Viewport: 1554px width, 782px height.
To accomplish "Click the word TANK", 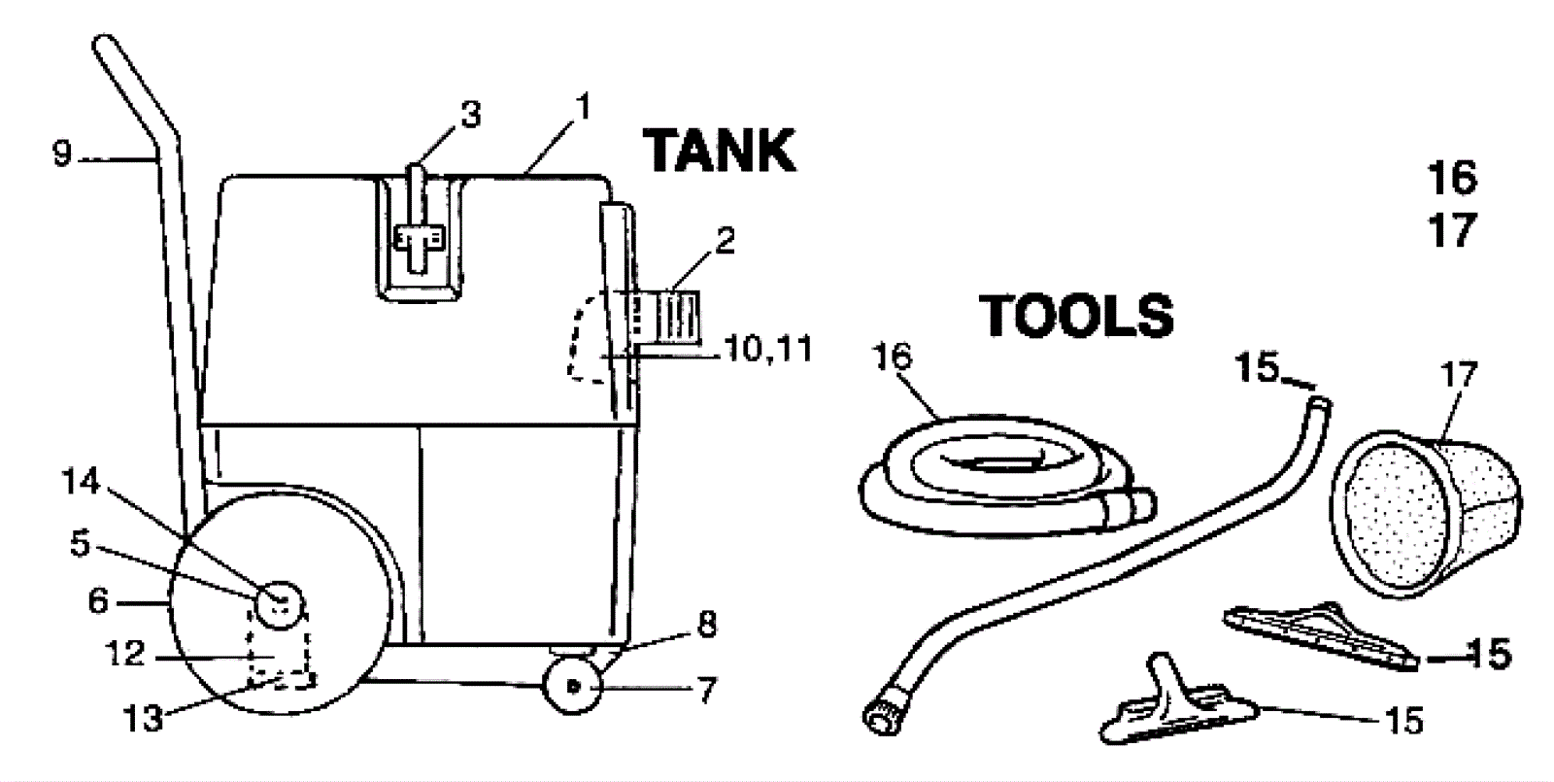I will (720, 152).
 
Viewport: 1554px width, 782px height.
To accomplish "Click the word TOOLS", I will (1076, 316).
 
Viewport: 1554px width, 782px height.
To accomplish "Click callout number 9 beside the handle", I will (62, 154).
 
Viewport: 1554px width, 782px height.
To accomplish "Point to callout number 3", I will (470, 116).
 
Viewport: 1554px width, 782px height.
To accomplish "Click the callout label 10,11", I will (767, 349).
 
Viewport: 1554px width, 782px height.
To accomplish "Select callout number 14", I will (82, 481).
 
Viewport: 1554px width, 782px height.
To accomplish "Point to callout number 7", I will (706, 690).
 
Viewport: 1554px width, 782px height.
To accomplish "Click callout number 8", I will (706, 625).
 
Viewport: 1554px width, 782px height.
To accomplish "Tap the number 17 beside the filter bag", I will (1459, 375).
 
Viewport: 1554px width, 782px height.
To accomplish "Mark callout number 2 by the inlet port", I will (725, 240).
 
